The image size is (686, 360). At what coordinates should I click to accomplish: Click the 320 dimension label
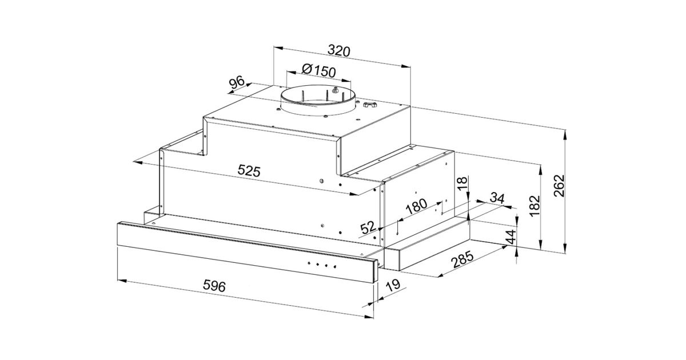(x=338, y=51)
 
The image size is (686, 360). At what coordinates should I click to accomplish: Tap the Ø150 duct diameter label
(x=318, y=70)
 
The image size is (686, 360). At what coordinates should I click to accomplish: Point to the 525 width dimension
(x=249, y=170)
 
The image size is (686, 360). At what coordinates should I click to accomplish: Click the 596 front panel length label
(x=214, y=286)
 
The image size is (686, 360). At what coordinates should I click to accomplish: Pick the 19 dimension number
(x=393, y=285)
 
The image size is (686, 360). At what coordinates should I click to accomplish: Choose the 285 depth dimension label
(x=463, y=259)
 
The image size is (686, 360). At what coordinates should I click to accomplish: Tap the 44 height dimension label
(x=511, y=237)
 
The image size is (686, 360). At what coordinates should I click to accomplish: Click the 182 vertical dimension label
(x=535, y=206)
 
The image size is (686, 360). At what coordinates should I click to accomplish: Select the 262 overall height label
(x=559, y=186)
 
